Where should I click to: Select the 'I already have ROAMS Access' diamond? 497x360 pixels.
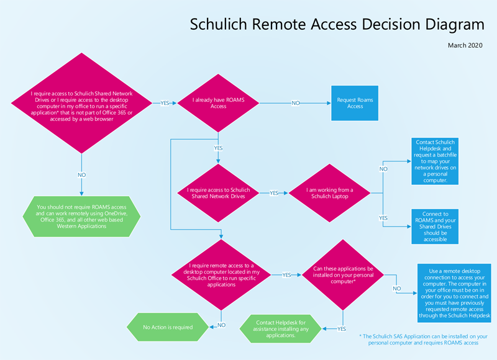pyautogui.click(x=218, y=103)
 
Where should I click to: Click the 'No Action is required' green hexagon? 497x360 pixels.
pyautogui.click(x=168, y=327)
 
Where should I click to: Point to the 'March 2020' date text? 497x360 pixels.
pyautogui.click(x=465, y=45)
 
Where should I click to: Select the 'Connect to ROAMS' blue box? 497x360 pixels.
pyautogui.click(x=435, y=226)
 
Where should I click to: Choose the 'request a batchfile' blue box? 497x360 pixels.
pyautogui.click(x=435, y=162)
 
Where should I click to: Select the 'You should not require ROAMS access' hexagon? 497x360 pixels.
pyautogui.click(x=81, y=216)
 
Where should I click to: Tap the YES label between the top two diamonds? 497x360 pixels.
pyautogui.click(x=165, y=103)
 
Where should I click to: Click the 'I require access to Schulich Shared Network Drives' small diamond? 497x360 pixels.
pyautogui.click(x=218, y=192)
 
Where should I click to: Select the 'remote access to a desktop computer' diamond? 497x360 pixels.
pyautogui.click(x=222, y=274)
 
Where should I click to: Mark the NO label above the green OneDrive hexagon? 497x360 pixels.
pyautogui.click(x=81, y=176)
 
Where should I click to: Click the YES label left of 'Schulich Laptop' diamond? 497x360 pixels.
pyautogui.click(x=273, y=193)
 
